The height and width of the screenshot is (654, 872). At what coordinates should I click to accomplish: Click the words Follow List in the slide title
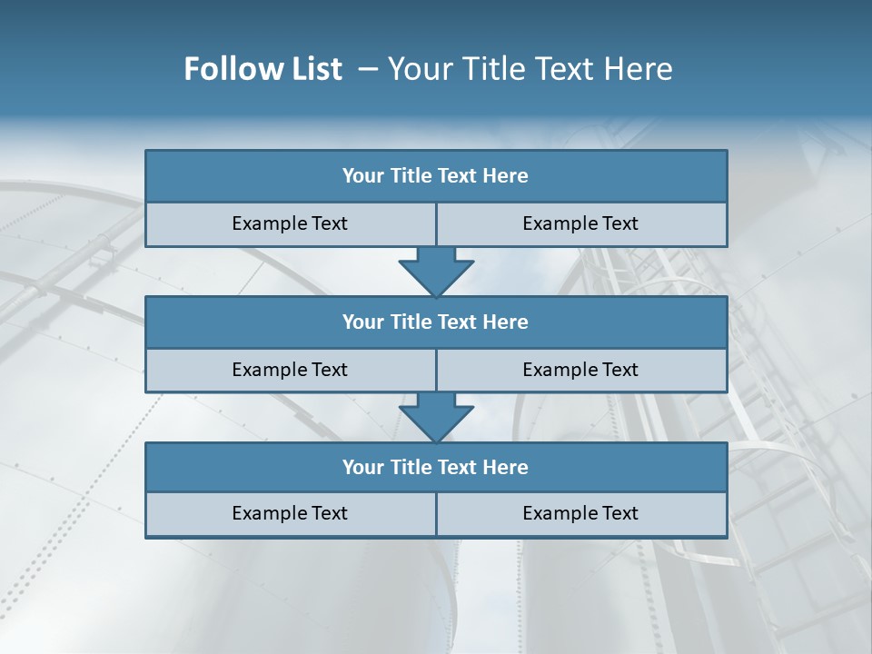tap(263, 69)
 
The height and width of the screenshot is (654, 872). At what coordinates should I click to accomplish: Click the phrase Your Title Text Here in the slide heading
tap(530, 69)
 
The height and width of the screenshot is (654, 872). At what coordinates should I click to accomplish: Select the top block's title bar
tap(436, 176)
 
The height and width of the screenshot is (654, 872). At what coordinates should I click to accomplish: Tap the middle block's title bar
tap(436, 322)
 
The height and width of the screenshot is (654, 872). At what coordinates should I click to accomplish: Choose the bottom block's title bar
tap(436, 467)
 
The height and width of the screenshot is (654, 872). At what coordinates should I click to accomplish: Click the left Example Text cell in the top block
tap(290, 223)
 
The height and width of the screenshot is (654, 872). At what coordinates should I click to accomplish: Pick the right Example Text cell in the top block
tap(580, 223)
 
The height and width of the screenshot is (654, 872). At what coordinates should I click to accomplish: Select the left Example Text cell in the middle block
tap(290, 370)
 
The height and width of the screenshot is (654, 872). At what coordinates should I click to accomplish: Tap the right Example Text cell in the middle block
tap(580, 370)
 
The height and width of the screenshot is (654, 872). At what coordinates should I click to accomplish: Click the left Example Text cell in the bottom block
tap(290, 513)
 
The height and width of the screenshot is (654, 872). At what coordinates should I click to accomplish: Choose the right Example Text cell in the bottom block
tap(580, 513)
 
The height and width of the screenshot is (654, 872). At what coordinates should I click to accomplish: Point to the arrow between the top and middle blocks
tap(436, 271)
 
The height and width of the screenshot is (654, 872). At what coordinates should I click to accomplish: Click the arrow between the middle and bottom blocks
tap(436, 417)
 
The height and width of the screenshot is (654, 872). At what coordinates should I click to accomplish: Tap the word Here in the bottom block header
tap(505, 467)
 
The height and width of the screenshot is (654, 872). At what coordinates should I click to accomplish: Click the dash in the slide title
tap(368, 69)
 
